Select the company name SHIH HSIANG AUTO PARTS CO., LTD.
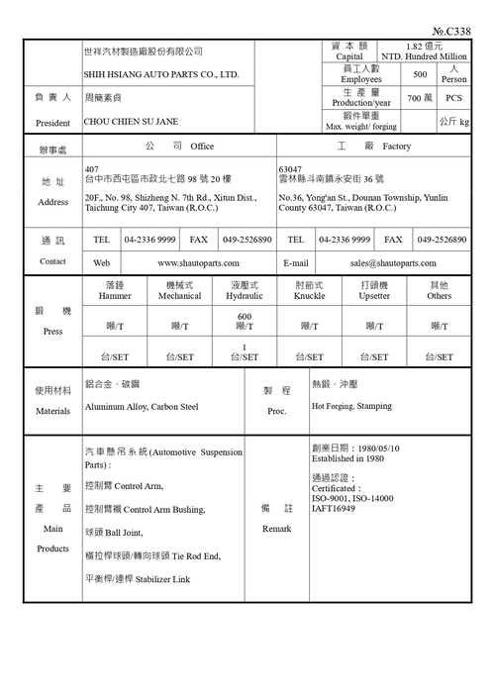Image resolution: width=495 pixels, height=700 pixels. [161, 75]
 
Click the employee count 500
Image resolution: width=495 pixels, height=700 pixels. [420, 75]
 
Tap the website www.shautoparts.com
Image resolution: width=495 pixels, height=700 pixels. [198, 263]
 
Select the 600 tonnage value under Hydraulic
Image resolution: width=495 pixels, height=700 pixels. [244, 316]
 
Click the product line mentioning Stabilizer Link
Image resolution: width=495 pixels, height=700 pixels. [138, 579]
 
